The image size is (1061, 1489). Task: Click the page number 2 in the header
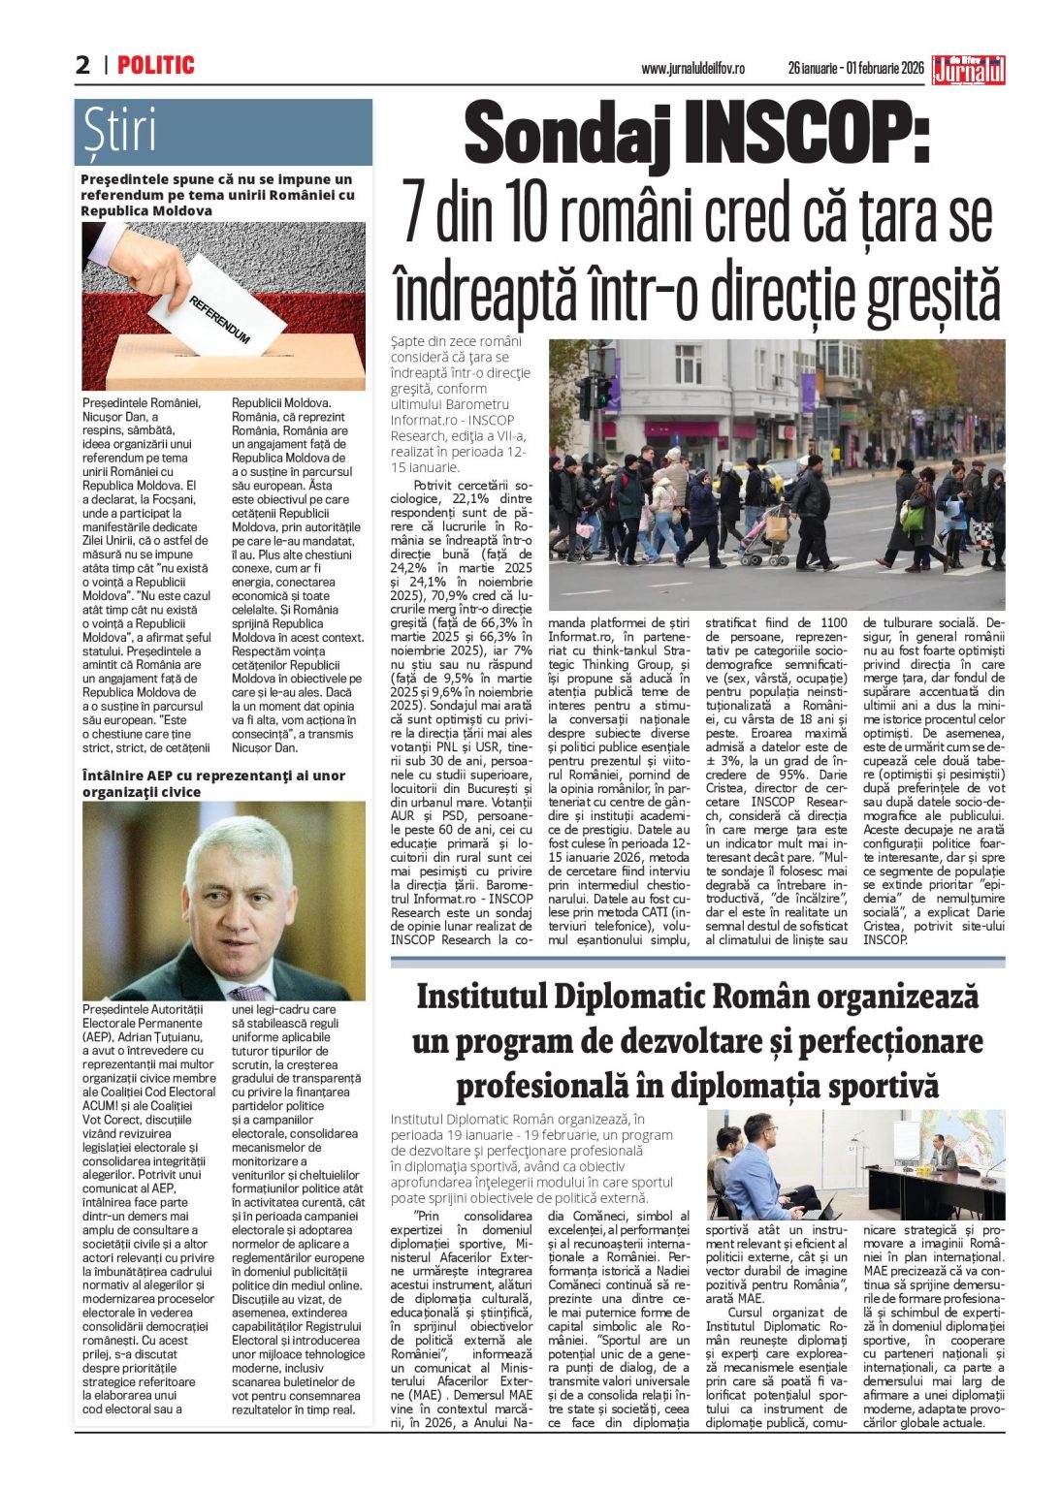point(83,65)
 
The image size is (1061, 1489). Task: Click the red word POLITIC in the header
point(156,65)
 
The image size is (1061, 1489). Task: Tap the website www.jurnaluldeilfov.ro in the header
point(692,69)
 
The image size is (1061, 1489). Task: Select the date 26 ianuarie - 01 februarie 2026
point(855,69)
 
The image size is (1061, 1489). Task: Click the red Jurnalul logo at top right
point(968,70)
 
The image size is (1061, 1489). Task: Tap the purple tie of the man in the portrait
point(248,992)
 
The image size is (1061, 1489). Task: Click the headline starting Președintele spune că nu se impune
point(217,194)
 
